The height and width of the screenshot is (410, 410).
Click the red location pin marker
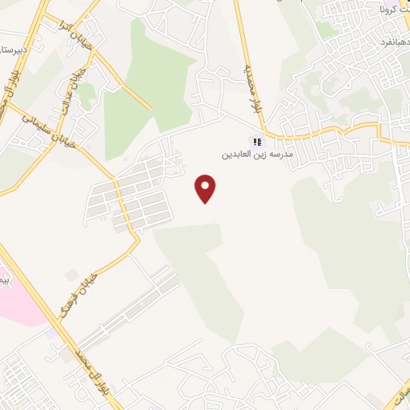click(x=207, y=189)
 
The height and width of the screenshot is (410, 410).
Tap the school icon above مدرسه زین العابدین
click(x=258, y=142)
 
